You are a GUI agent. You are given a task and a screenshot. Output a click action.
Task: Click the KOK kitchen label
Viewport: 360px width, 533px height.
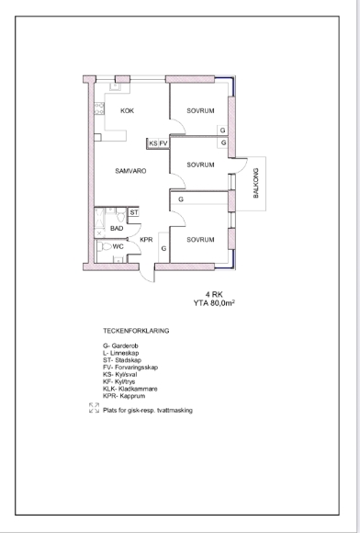click(x=128, y=111)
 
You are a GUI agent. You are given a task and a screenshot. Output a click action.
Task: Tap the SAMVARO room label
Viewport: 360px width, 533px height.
click(x=130, y=171)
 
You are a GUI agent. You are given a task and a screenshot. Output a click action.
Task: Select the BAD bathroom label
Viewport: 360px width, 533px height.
click(x=117, y=229)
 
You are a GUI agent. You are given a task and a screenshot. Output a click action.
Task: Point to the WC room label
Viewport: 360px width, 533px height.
click(x=118, y=247)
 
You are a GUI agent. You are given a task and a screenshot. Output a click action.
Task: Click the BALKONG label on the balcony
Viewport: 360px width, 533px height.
click(x=256, y=183)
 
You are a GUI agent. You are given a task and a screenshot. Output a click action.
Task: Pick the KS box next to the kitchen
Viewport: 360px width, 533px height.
click(x=153, y=143)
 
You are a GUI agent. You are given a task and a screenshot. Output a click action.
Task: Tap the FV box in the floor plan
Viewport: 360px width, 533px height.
click(x=163, y=143)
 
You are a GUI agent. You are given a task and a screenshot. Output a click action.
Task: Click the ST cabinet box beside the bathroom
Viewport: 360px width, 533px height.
click(x=134, y=212)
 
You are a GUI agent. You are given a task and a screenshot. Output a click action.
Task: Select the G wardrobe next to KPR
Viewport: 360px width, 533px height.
click(x=163, y=247)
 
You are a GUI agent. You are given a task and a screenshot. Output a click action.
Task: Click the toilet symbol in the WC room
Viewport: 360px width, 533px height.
click(x=107, y=247)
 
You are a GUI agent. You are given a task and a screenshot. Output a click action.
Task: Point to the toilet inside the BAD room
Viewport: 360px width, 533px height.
click(x=120, y=216)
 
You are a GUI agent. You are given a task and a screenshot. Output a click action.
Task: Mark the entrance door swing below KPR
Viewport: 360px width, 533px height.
click(x=147, y=274)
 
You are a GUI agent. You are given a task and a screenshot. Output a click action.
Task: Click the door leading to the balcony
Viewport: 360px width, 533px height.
click(x=242, y=165)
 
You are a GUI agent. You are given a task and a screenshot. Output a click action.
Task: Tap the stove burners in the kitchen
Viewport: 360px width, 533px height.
click(x=99, y=108)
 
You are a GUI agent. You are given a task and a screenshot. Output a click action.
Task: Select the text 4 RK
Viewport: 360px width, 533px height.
click(x=214, y=294)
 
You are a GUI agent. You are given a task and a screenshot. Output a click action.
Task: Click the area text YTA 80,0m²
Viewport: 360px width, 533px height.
click(x=214, y=303)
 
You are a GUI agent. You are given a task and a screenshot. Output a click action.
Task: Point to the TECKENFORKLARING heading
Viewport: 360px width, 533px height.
click(x=136, y=331)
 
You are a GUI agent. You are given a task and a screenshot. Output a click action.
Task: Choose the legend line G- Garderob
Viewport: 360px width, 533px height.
click(x=120, y=346)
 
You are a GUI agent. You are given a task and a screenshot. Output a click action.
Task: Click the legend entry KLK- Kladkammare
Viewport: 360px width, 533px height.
click(x=130, y=389)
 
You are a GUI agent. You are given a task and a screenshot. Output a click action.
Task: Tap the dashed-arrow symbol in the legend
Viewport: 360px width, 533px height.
click(x=94, y=408)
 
